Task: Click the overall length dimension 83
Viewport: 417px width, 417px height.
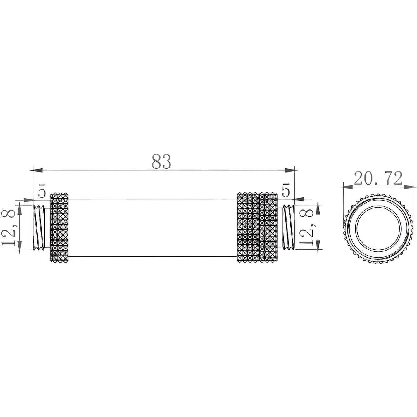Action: point(161,161)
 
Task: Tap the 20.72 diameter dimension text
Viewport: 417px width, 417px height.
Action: point(378,178)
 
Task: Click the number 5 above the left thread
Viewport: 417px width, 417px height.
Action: point(42,191)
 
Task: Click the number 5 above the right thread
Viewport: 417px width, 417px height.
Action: point(286,191)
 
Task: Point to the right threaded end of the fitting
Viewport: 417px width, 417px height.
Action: point(288,228)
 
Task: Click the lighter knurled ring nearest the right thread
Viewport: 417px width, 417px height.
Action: point(268,228)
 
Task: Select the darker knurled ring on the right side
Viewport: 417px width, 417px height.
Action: point(248,228)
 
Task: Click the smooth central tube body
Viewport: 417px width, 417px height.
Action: point(152,228)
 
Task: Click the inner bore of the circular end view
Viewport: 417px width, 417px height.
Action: point(373,228)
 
